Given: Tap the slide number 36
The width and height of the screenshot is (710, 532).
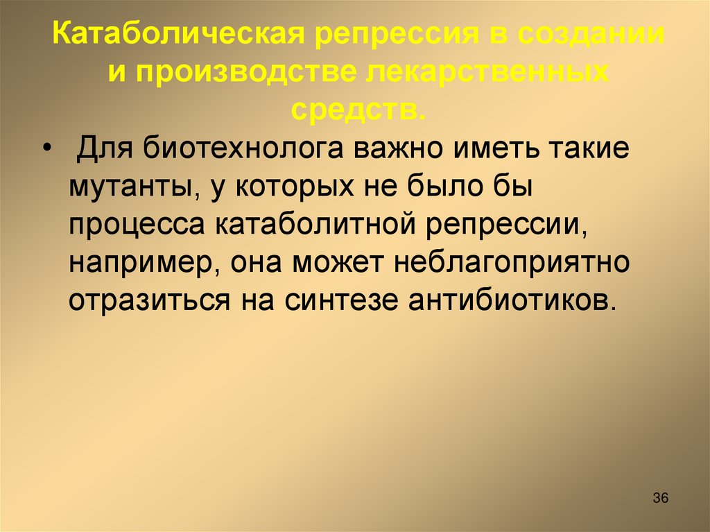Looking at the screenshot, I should point(660,498).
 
